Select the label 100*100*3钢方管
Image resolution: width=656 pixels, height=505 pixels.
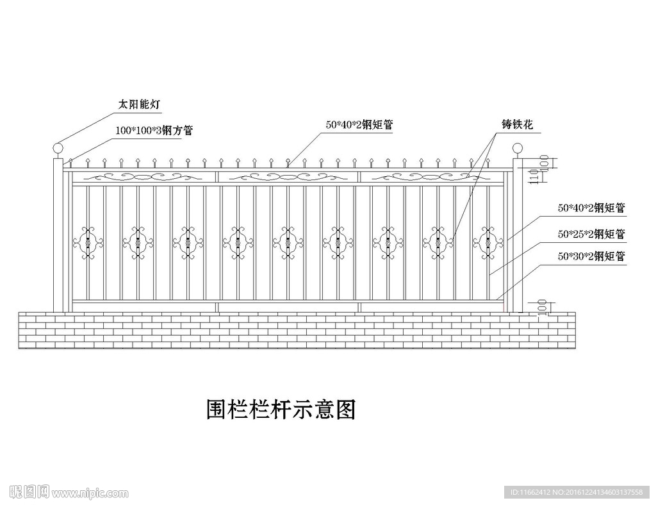[x=154, y=130]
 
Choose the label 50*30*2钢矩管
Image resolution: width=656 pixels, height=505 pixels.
[x=591, y=256]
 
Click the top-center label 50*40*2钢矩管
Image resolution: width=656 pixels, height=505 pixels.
[x=359, y=126]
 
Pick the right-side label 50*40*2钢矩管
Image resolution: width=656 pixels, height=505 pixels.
[x=591, y=208]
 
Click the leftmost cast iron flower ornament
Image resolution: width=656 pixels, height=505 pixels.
[x=88, y=242]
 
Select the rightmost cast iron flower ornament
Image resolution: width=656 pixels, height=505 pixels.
[x=488, y=242]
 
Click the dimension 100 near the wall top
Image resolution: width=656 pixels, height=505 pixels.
[x=543, y=308]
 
